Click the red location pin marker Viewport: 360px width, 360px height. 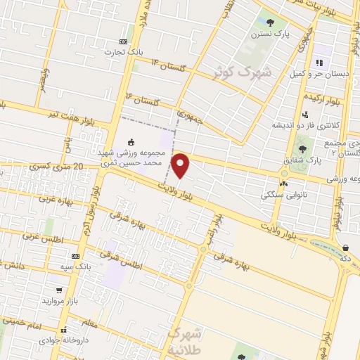pyautogui.click(x=181, y=166)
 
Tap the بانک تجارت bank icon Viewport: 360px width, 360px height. pyautogui.click(x=124, y=41)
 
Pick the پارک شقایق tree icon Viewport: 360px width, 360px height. pyautogui.click(x=302, y=148)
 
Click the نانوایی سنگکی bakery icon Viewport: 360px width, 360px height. pyautogui.click(x=283, y=184)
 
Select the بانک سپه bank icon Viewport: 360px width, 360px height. pyautogui.click(x=75, y=257)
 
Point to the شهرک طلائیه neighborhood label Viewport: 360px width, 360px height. pyautogui.click(x=186, y=340)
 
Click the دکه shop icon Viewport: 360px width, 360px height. pyautogui.click(x=346, y=247)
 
